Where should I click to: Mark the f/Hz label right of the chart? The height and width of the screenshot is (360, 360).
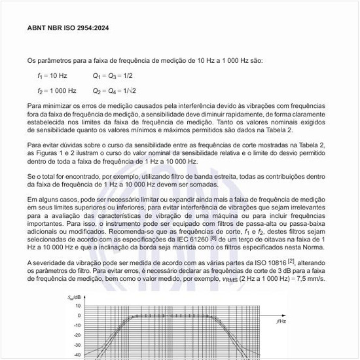[x=280, y=322]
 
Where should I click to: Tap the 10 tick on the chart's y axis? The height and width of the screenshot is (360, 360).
[x=78, y=306]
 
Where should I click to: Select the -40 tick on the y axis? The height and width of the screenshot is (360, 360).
[x=77, y=355]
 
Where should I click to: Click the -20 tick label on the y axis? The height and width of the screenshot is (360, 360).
[x=77, y=335]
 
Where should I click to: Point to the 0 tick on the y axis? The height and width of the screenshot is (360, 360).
[x=79, y=315]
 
